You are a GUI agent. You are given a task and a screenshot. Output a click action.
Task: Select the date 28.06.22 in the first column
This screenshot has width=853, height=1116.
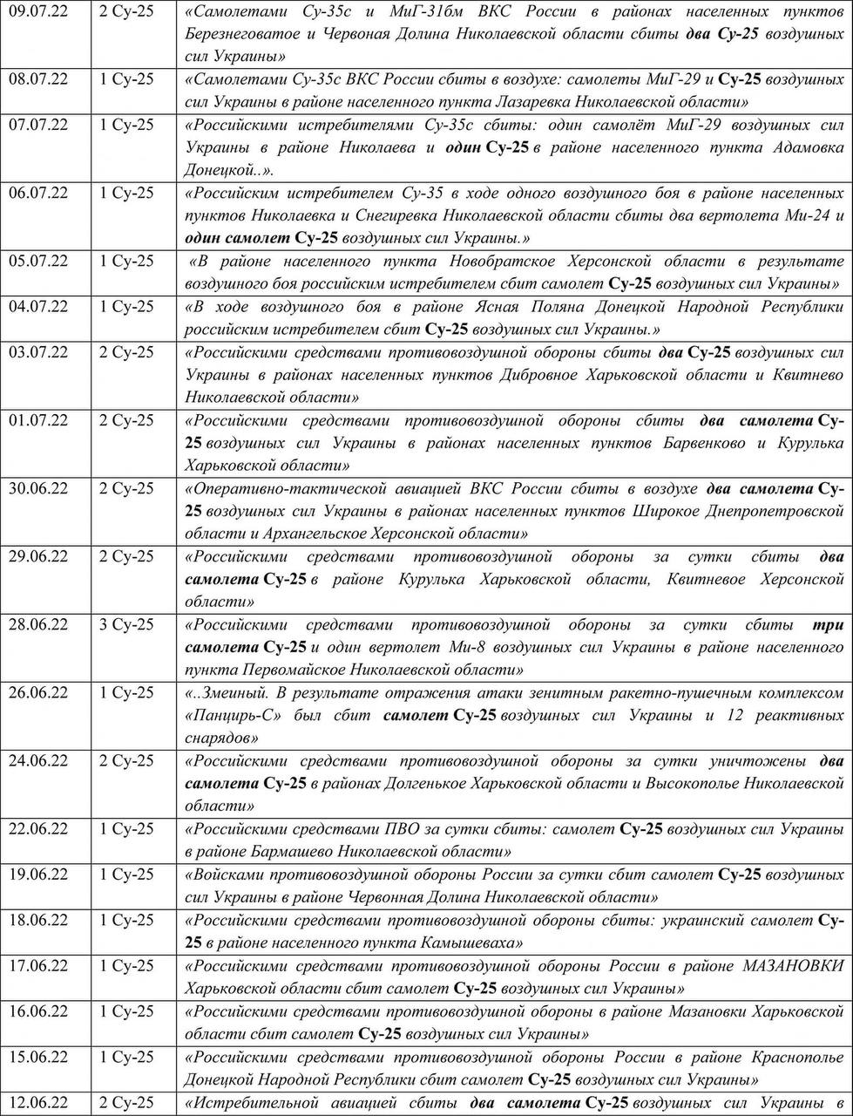pyautogui.click(x=38, y=624)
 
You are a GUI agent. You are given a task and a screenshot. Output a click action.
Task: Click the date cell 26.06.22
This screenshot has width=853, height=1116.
pyautogui.click(x=38, y=692)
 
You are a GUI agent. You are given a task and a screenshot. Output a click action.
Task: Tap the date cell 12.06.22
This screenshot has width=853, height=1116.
pyautogui.click(x=38, y=1102)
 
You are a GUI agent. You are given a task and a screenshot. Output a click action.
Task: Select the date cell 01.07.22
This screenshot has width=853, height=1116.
pyautogui.click(x=38, y=420)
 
